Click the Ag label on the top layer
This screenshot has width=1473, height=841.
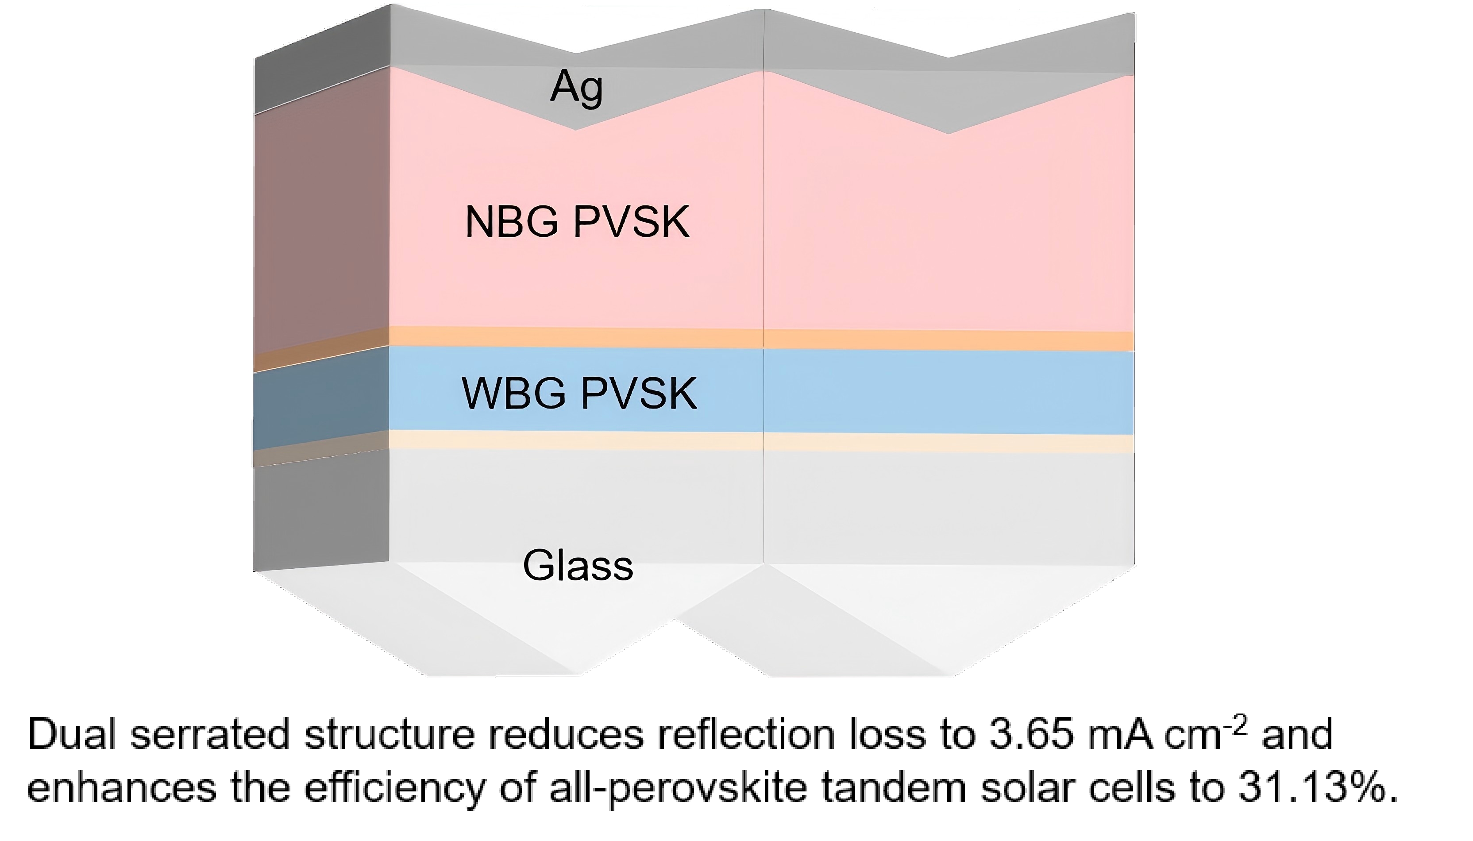(x=576, y=88)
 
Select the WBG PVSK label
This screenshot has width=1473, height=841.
(x=579, y=393)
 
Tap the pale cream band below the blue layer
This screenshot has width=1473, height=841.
(x=751, y=442)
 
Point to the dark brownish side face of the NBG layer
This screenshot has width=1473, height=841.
(x=320, y=220)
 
